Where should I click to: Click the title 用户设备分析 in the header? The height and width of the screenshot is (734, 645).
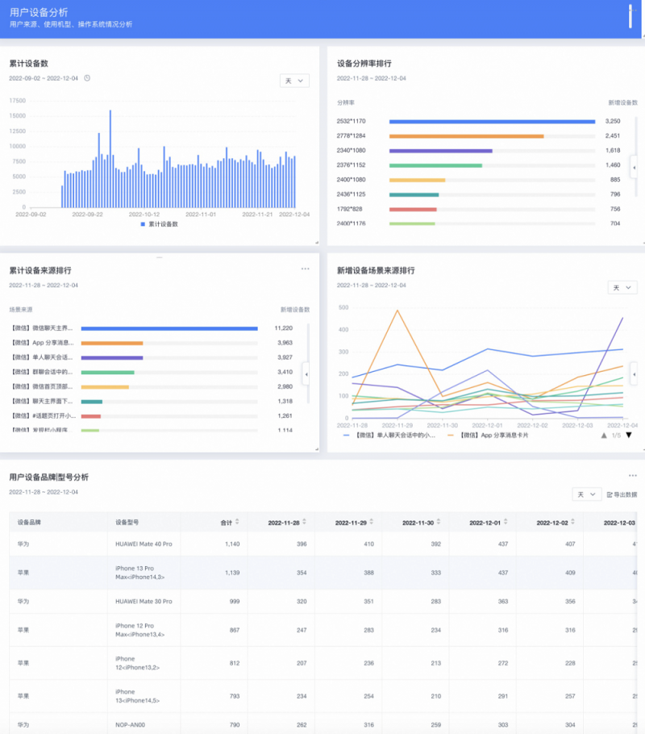[39, 12]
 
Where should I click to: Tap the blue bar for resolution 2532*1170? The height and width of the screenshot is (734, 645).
[492, 122]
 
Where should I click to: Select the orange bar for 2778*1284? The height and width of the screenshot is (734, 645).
[466, 136]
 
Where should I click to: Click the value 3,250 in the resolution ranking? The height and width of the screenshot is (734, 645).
[613, 122]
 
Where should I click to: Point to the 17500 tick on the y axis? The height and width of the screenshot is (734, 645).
[17, 101]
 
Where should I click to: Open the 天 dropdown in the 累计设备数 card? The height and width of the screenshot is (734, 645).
[294, 81]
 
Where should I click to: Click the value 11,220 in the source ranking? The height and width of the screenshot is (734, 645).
[283, 328]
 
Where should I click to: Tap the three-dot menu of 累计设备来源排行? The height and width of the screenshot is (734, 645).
[305, 269]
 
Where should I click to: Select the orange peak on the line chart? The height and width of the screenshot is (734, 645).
[396, 311]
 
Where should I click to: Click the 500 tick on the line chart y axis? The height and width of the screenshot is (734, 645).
[343, 307]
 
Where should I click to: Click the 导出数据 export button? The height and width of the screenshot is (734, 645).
[622, 494]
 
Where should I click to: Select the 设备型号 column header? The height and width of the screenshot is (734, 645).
[127, 523]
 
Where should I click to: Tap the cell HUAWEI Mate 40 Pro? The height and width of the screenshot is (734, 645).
[144, 544]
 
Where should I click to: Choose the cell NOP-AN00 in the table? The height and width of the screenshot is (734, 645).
[130, 725]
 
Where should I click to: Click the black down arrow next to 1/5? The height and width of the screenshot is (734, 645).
[629, 436]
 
